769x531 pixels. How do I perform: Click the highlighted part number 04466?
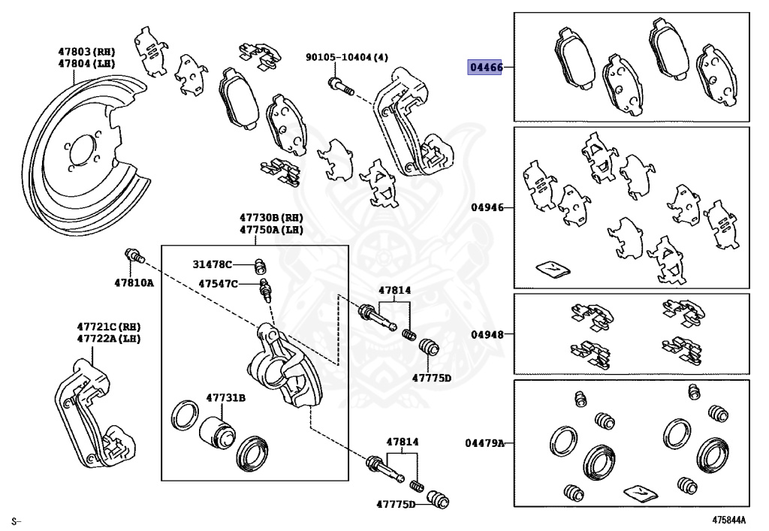[486, 68]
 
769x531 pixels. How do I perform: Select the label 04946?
[487, 207]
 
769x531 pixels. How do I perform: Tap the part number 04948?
[487, 334]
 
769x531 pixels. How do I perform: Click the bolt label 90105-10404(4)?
[346, 57]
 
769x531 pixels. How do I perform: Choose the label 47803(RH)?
[87, 52]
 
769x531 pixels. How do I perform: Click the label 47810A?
[134, 283]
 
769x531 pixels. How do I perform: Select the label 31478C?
[213, 264]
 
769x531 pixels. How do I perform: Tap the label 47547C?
[218, 284]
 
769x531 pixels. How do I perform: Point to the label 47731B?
[226, 397]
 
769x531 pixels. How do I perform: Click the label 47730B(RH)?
[271, 218]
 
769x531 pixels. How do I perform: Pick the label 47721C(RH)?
[109, 327]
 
